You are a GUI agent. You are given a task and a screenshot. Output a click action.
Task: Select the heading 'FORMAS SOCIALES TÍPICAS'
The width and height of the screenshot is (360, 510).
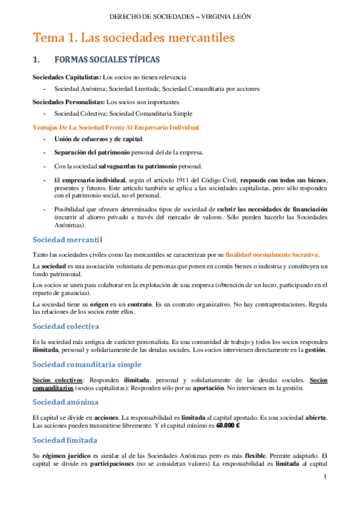pyautogui.click(x=106, y=60)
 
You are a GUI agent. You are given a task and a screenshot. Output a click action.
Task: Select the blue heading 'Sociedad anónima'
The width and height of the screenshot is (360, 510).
pyautogui.click(x=69, y=402)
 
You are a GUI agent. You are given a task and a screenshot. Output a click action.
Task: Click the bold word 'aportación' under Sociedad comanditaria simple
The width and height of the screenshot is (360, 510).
pyautogui.click(x=215, y=387)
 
